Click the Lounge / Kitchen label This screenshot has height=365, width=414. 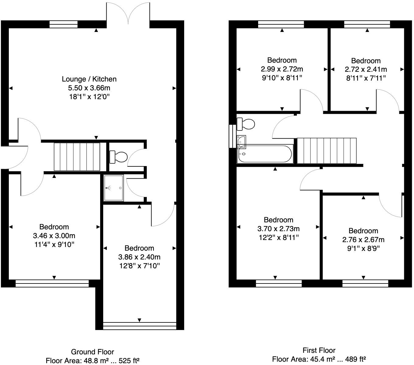pos(89,79)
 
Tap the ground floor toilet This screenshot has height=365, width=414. pos(118,157)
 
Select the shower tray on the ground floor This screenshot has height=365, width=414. pos(114,188)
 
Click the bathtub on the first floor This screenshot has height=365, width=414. pos(265,154)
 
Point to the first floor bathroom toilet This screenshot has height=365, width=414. pos(246,124)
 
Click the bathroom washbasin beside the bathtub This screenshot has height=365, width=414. pos(241,142)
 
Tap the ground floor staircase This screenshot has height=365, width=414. pos(77,157)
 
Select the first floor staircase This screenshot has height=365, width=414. pos(327,151)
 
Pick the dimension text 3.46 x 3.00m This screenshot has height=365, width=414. pos(54,236)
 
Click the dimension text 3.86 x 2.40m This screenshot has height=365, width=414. pos(139,257)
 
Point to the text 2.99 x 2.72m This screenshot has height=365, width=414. pos(282,69)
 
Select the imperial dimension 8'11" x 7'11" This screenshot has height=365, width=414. pos(366,78)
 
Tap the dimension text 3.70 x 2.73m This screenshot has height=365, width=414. pos(279,228)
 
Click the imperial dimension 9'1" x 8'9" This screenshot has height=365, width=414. pos(363,249)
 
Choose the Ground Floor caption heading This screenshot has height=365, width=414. pos(92,352)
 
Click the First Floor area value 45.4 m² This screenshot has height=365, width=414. pos(322,359)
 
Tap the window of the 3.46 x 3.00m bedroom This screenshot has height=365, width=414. pos(52,283)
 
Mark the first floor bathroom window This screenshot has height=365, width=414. pos(232,136)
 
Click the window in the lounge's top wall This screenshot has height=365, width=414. pos(64,24)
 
